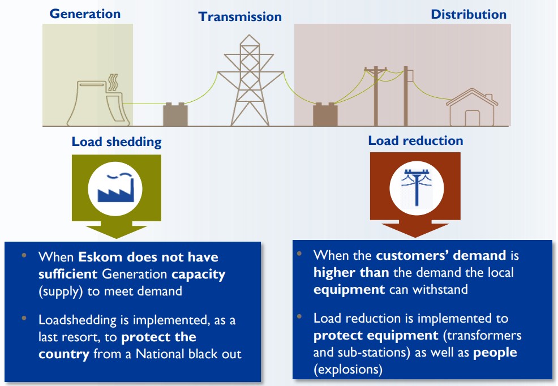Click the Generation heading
85,14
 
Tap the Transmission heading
240,16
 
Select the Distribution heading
469,14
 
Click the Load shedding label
116,141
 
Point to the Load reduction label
415,140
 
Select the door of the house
472,117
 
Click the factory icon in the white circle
117,187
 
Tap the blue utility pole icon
416,187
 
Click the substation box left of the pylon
175,114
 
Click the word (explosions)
347,370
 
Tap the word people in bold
495,352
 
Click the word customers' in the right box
406,255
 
